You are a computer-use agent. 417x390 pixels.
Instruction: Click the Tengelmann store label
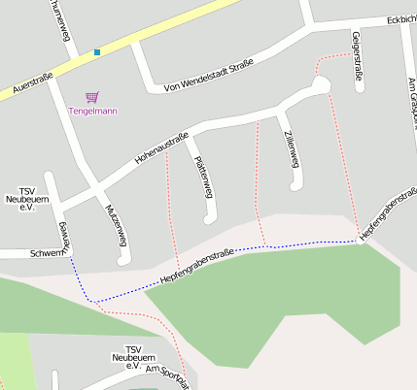click(92, 111)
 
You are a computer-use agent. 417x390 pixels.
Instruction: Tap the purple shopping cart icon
click(92, 97)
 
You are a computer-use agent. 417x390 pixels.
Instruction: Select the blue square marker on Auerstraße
click(97, 51)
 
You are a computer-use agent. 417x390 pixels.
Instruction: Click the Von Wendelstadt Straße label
click(209, 75)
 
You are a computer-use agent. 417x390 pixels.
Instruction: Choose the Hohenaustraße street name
click(161, 146)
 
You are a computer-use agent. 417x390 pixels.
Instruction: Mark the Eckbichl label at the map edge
click(400, 18)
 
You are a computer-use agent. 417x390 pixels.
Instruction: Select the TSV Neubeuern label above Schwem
click(26, 199)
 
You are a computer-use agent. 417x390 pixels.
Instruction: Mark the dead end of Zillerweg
click(295, 184)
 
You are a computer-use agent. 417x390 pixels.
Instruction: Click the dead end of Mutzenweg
click(122, 259)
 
